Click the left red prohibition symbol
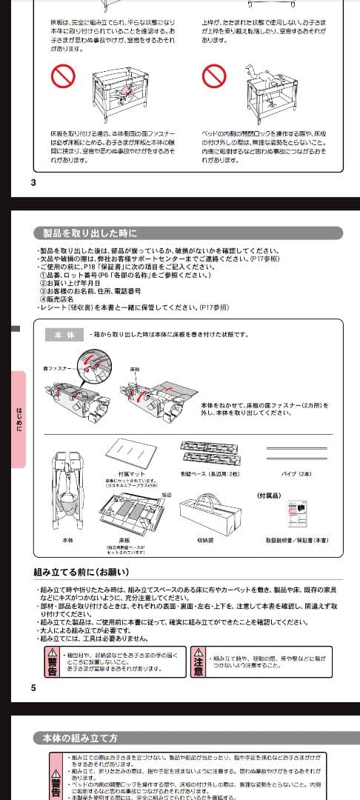click(x=64, y=76)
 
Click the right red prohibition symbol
click(x=214, y=76)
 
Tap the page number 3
click(x=33, y=182)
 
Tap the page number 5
click(x=33, y=687)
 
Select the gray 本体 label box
click(x=61, y=335)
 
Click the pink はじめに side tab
click(x=19, y=419)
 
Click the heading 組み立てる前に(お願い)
click(x=81, y=572)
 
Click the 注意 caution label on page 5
click(x=199, y=661)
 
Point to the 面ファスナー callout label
click(x=59, y=368)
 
